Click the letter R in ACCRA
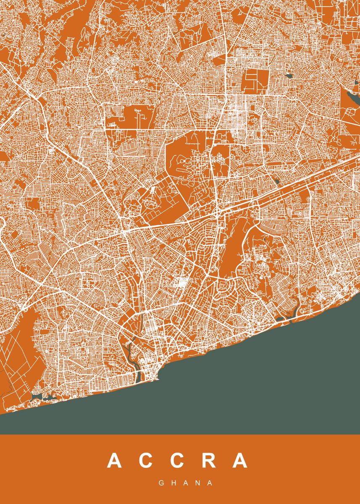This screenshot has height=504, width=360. click(208, 461)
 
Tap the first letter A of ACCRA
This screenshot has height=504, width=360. click(114, 461)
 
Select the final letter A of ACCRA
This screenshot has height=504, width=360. click(241, 461)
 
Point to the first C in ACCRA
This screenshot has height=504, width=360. click(145, 461)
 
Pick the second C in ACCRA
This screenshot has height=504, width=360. click(177, 461)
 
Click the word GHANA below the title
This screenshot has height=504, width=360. click(180, 483)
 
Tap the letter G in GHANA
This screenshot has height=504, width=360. click(161, 483)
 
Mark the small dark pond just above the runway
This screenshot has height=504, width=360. click(276, 181)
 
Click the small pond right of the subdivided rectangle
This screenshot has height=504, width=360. click(289, 76)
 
